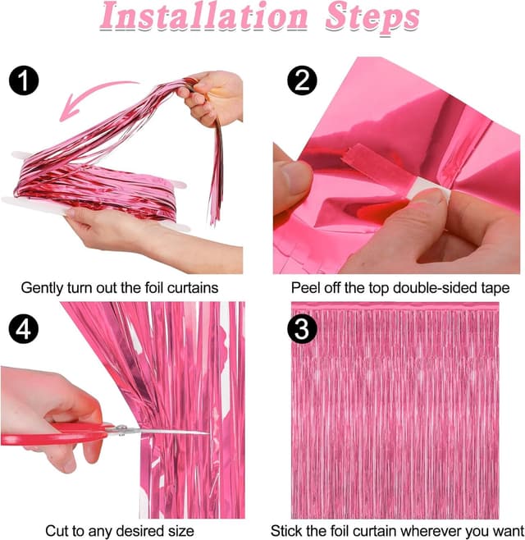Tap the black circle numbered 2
coord(300,80)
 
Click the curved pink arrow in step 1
coord(90,97)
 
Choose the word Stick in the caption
coord(289,531)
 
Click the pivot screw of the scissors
coord(121,429)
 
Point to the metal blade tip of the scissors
coord(205,432)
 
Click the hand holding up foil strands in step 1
coord(205,94)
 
